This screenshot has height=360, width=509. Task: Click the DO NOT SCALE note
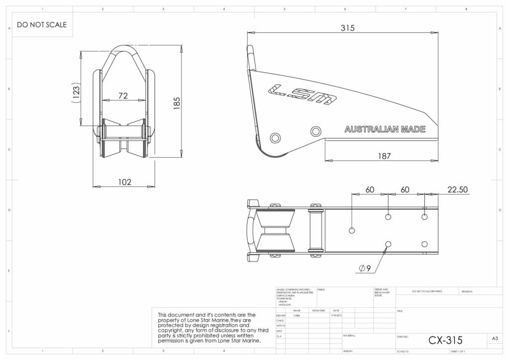pyautogui.click(x=41, y=24)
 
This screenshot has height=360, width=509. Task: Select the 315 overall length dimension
pyautogui.click(x=347, y=28)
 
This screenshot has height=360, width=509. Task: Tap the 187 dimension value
pyautogui.click(x=384, y=156)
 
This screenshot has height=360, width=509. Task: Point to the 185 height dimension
pyautogui.click(x=176, y=103)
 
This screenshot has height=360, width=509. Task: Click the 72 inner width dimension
pyautogui.click(x=123, y=95)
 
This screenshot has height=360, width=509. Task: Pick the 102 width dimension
pyautogui.click(x=124, y=182)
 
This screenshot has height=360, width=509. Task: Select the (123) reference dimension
pyautogui.click(x=76, y=92)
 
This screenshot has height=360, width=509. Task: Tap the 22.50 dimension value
pyautogui.click(x=457, y=190)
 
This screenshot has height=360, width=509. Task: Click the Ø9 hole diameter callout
pyautogui.click(x=365, y=269)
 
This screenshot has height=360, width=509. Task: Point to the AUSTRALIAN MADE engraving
pyautogui.click(x=385, y=129)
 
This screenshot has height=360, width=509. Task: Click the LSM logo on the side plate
pyautogui.click(x=302, y=93)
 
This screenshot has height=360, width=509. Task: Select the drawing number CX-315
pyautogui.click(x=445, y=340)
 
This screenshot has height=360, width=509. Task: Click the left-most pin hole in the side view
pyautogui.click(x=274, y=137)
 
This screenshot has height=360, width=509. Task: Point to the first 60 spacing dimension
pyautogui.click(x=370, y=190)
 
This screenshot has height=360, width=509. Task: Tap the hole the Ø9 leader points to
pyautogui.click(x=388, y=244)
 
